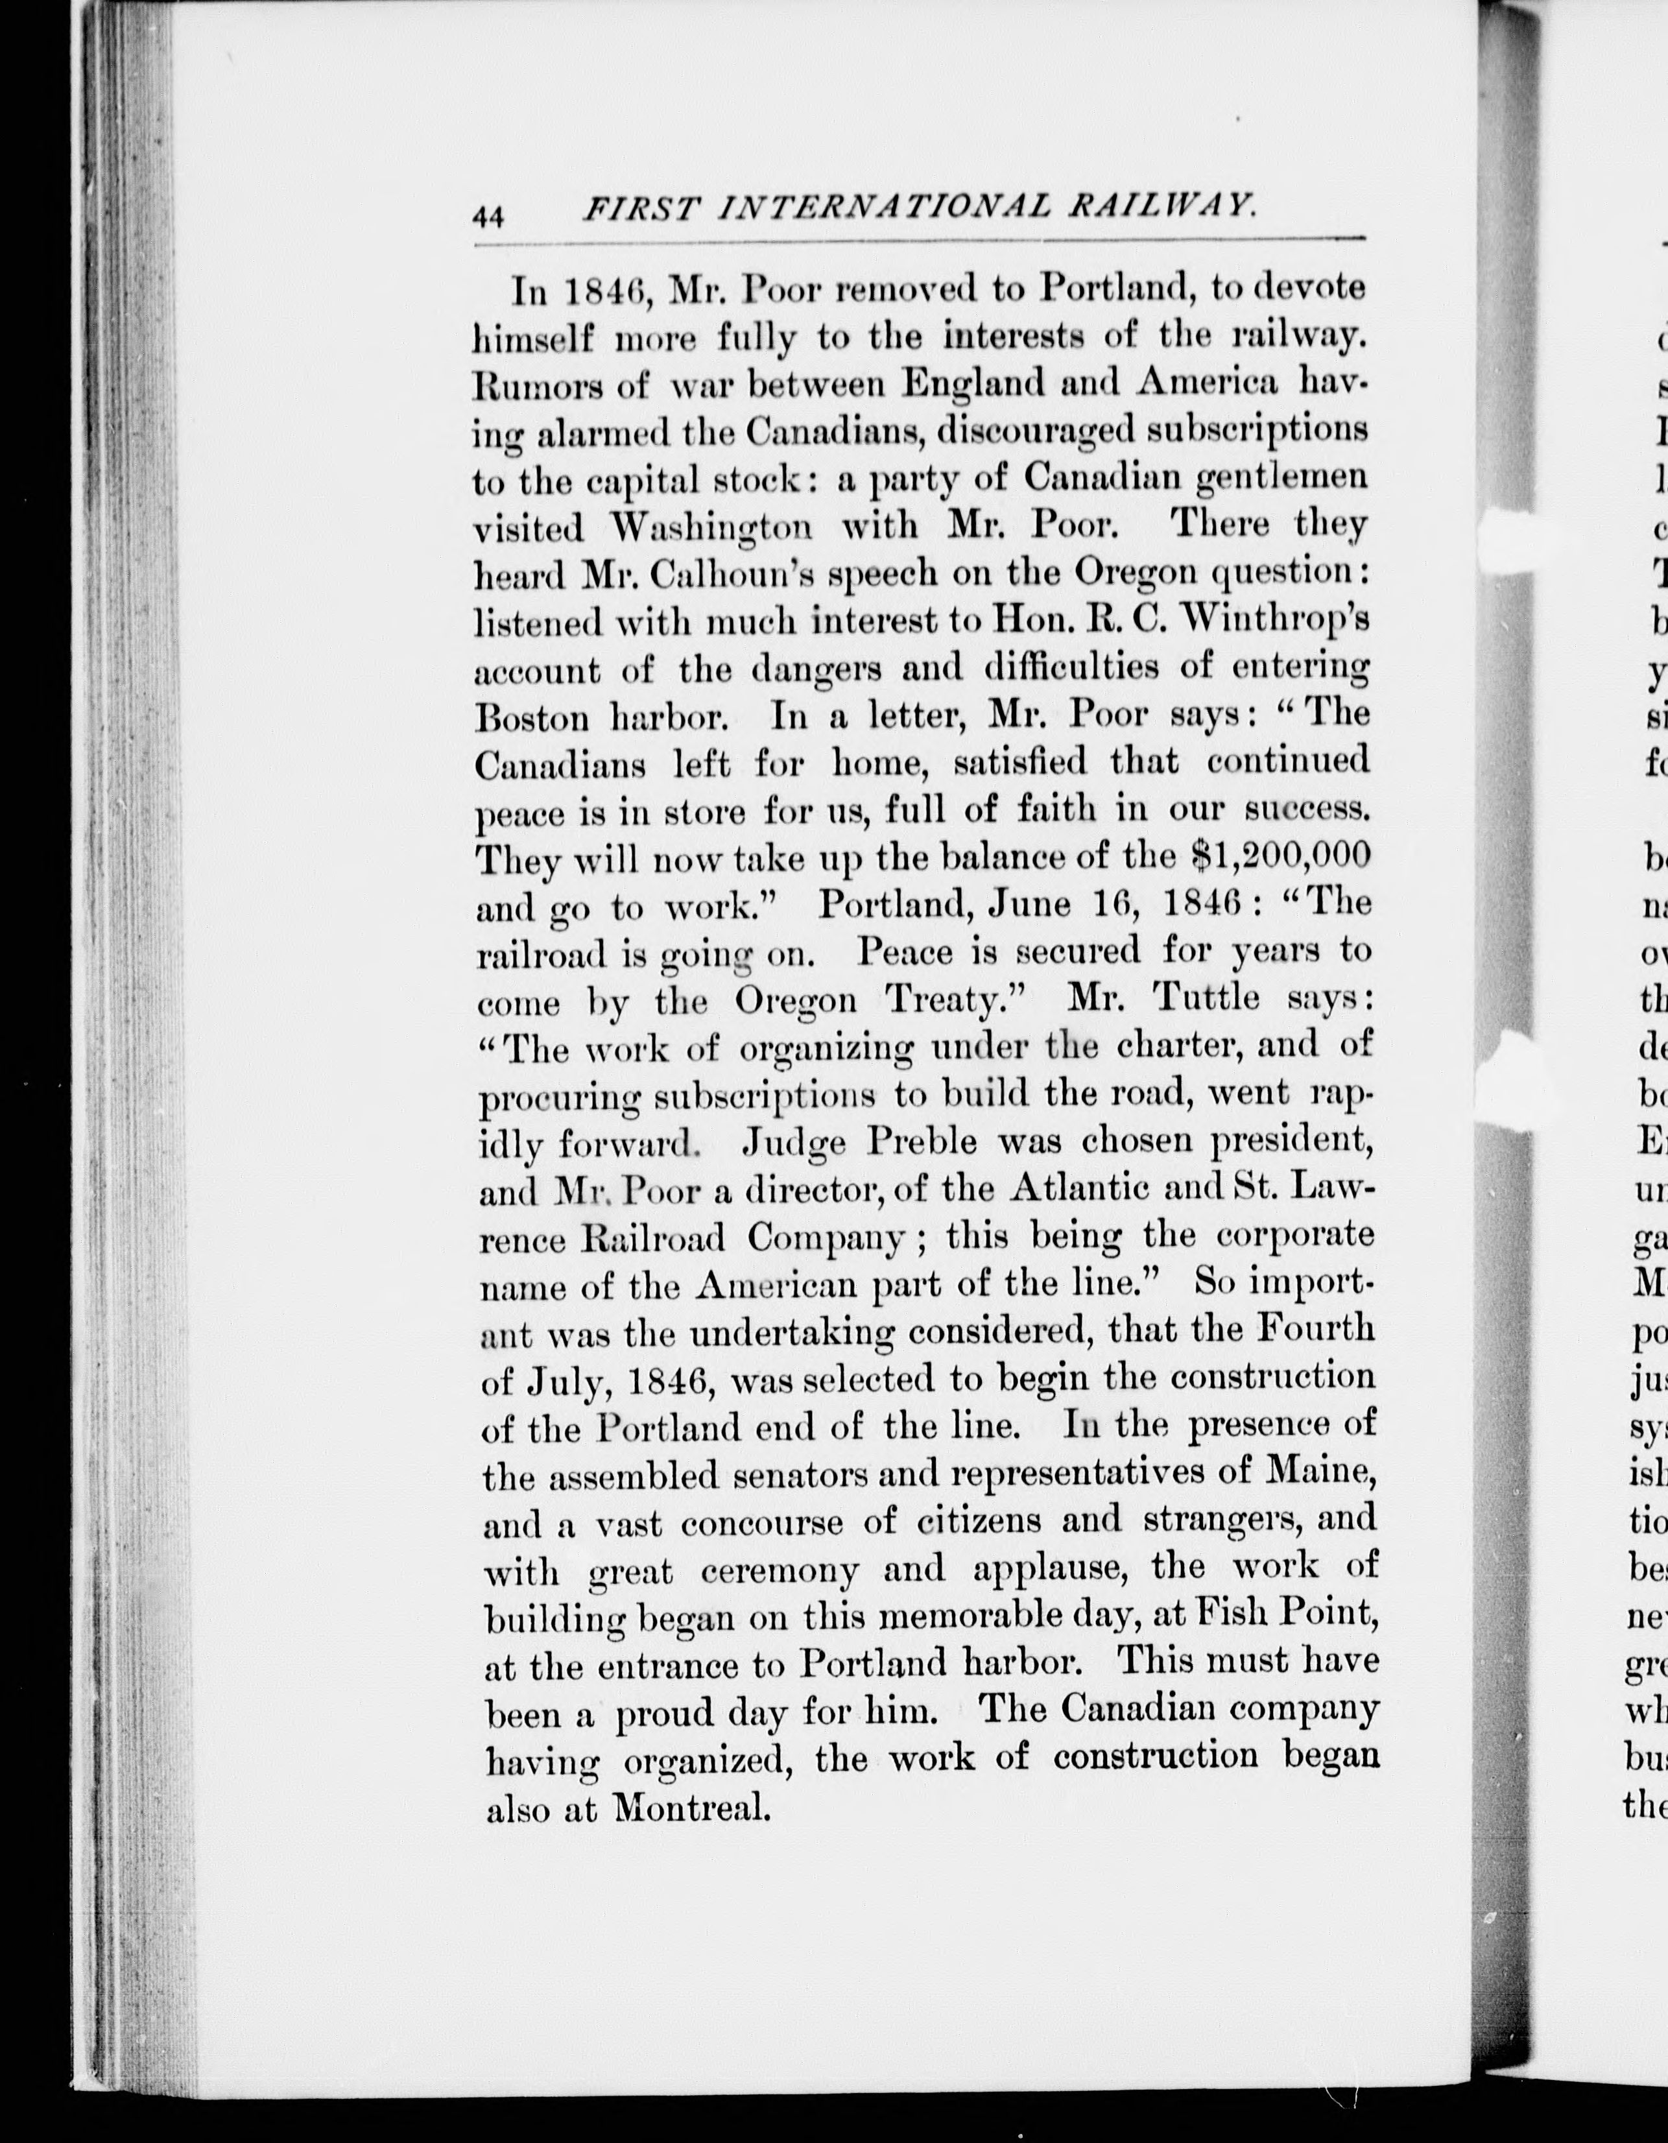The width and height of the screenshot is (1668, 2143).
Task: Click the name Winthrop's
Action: click(x=1261, y=621)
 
